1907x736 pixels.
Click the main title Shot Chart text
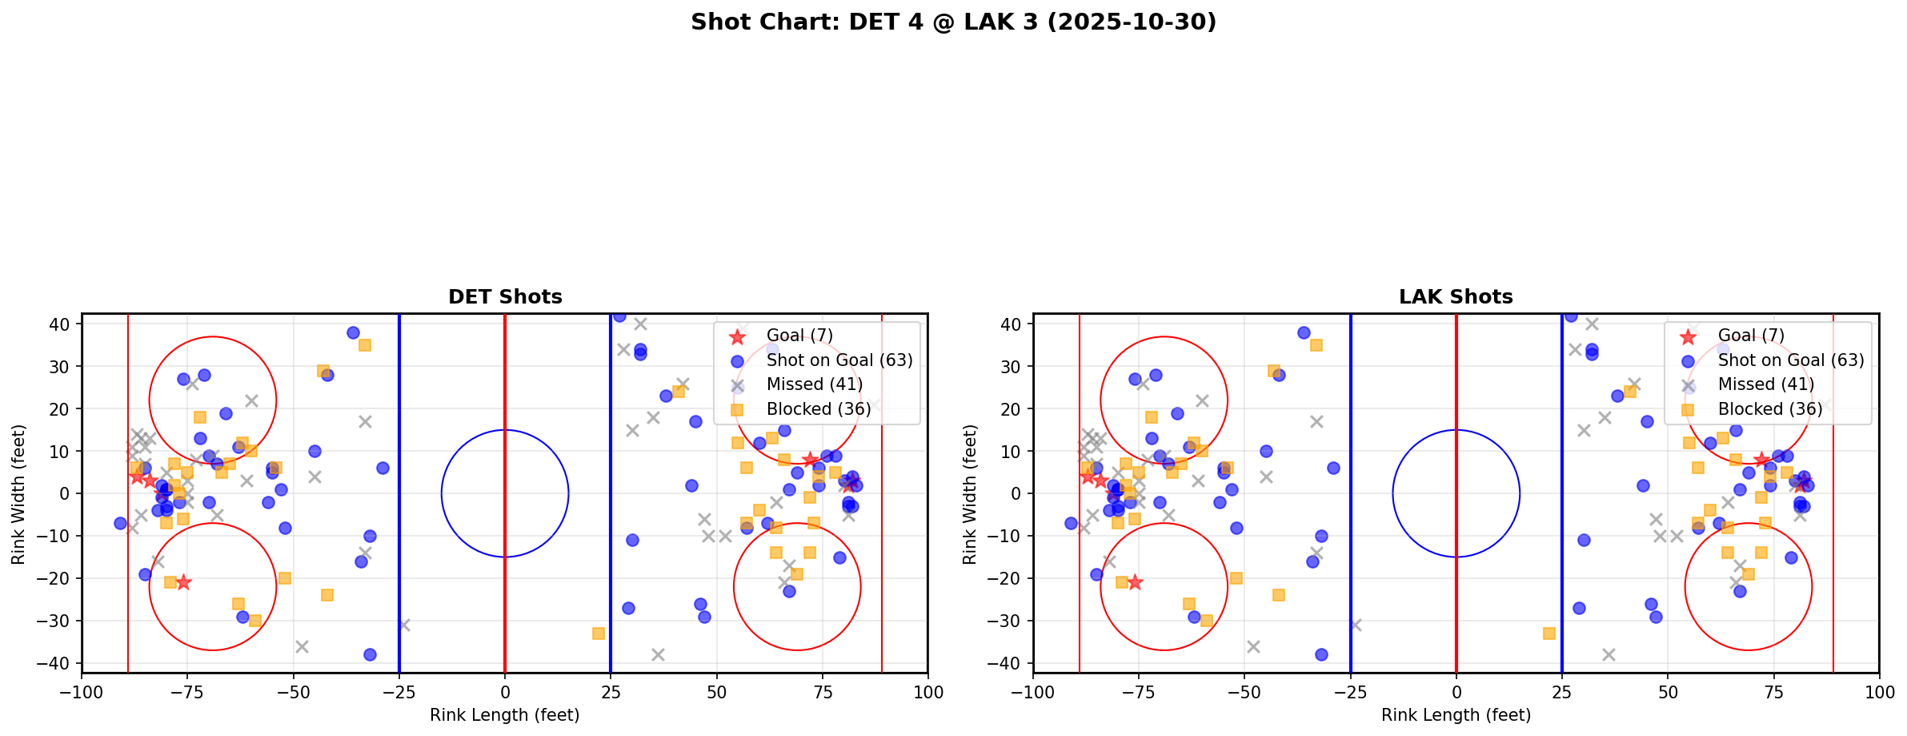tap(953, 22)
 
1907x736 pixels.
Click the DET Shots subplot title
tap(505, 297)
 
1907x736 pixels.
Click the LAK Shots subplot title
tap(1456, 297)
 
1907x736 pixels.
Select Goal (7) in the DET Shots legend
tap(799, 336)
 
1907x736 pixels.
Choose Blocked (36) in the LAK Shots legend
tap(1769, 409)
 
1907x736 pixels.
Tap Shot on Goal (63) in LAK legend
tap(1790, 360)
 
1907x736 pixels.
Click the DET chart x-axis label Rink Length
tap(505, 715)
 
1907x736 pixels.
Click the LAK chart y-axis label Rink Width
tap(970, 493)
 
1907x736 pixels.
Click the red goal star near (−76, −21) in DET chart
tap(183, 582)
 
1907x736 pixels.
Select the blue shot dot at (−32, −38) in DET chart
tap(370, 654)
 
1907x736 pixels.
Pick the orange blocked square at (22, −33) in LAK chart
tap(1549, 633)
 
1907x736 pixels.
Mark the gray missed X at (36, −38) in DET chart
tap(658, 654)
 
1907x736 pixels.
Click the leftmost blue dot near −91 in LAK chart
tap(1071, 523)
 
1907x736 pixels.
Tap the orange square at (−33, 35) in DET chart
tap(365, 345)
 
